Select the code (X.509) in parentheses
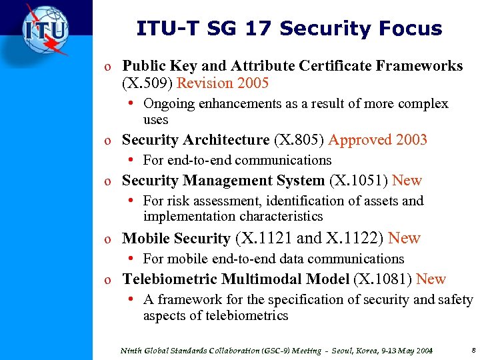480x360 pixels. click(x=147, y=83)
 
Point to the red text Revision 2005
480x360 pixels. click(x=223, y=83)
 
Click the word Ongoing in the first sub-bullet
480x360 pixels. click(x=169, y=104)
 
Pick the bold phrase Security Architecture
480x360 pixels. click(x=195, y=140)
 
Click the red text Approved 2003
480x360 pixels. click(x=377, y=140)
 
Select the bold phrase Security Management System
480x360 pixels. click(x=224, y=181)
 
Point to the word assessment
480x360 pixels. click(x=222, y=201)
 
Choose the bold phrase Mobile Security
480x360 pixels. click(x=176, y=238)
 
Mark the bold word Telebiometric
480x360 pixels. click(x=170, y=279)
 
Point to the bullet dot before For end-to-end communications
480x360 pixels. click(x=134, y=160)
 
